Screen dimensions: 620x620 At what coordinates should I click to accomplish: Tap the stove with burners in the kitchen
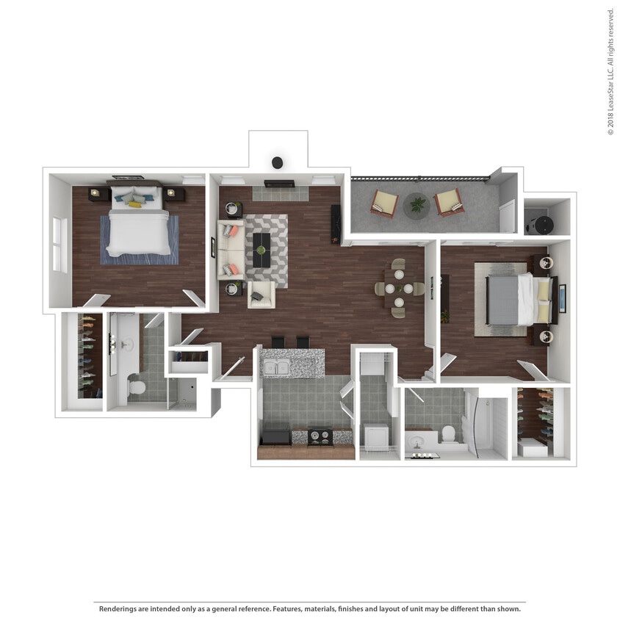click(320, 436)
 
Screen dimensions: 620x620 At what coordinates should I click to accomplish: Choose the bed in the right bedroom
click(515, 300)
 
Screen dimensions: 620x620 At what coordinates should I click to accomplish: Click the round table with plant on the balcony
click(417, 206)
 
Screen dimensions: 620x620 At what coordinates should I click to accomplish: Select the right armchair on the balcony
click(448, 202)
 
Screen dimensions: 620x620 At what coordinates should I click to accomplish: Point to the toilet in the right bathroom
click(448, 433)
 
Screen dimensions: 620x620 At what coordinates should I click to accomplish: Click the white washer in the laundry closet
click(375, 437)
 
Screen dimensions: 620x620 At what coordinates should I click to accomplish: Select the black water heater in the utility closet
click(541, 220)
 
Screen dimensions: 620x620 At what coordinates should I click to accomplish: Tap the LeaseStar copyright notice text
click(610, 71)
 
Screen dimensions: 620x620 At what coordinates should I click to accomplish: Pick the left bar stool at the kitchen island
click(278, 342)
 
